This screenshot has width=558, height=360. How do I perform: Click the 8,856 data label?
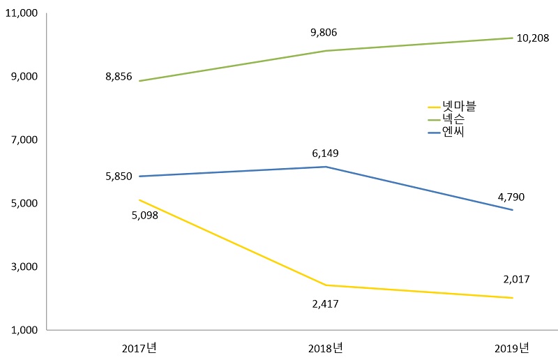[x=119, y=77]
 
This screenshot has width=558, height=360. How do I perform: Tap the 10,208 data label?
[x=534, y=40]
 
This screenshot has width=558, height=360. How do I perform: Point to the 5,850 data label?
[x=119, y=177]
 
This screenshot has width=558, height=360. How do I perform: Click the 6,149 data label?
[x=326, y=153]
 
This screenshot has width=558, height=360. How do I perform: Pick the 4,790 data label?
[x=511, y=197]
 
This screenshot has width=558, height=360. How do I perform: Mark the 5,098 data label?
[x=145, y=215]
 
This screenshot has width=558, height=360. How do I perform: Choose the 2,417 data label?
[x=325, y=304]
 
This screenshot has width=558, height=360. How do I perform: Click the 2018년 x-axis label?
[x=325, y=347]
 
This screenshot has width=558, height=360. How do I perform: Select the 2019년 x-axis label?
[x=512, y=347]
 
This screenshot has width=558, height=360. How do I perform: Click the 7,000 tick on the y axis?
[x=24, y=140]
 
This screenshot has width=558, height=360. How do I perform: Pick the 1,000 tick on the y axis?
[x=24, y=330]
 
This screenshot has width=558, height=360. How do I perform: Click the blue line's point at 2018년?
[x=326, y=167]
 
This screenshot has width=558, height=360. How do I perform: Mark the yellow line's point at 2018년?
[x=326, y=285]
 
